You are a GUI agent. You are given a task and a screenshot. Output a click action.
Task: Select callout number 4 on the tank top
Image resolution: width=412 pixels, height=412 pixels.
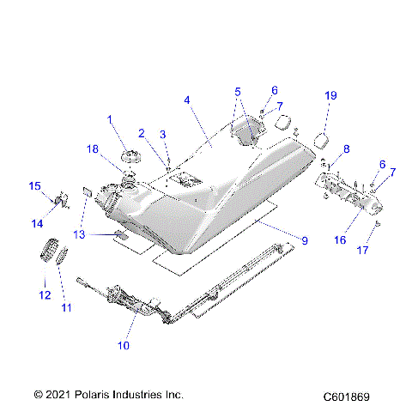(186, 100)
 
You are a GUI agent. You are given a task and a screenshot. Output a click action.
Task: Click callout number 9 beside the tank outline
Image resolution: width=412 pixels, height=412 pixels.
(303, 241)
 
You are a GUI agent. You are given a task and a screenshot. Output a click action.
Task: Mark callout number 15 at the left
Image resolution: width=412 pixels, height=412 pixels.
(35, 185)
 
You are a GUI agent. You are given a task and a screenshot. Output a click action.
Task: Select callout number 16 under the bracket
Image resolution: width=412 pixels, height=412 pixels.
(340, 241)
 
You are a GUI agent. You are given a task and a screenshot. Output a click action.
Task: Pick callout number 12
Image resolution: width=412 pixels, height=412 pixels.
(45, 296)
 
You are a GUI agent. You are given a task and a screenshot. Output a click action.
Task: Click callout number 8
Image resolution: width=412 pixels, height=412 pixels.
(346, 149)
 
